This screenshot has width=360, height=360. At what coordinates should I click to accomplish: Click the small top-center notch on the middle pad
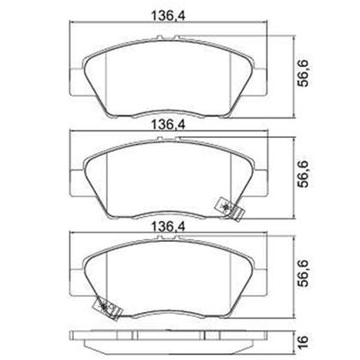(x=171, y=145)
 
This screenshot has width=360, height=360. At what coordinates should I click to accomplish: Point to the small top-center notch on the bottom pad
(x=171, y=246)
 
